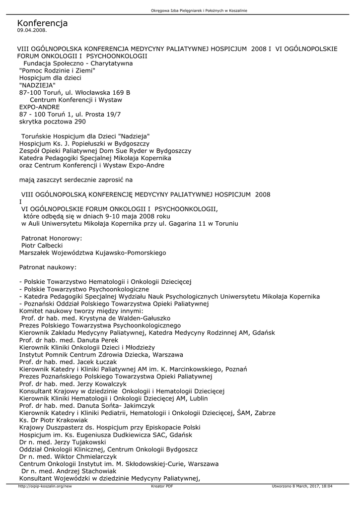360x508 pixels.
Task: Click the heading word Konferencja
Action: [42, 23]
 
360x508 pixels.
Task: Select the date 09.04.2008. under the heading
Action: [32, 30]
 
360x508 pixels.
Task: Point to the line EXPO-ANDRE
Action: [39, 107]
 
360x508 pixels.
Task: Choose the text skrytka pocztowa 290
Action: [52, 121]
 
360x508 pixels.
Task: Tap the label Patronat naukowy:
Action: [48, 267]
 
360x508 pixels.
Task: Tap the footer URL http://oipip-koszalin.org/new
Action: [45, 487]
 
